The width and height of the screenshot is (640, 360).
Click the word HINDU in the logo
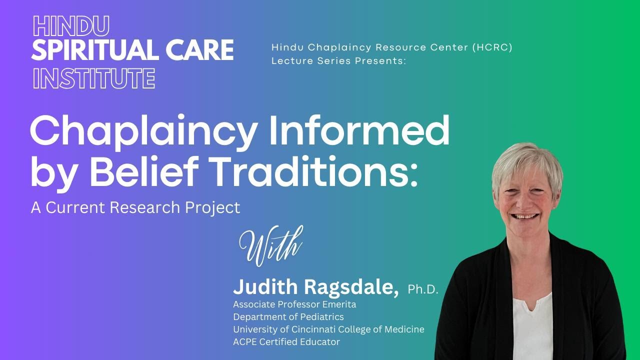(70, 25)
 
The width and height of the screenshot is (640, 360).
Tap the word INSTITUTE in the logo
(93, 78)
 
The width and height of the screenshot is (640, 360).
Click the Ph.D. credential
(423, 289)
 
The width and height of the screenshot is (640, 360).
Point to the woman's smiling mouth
(526, 216)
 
